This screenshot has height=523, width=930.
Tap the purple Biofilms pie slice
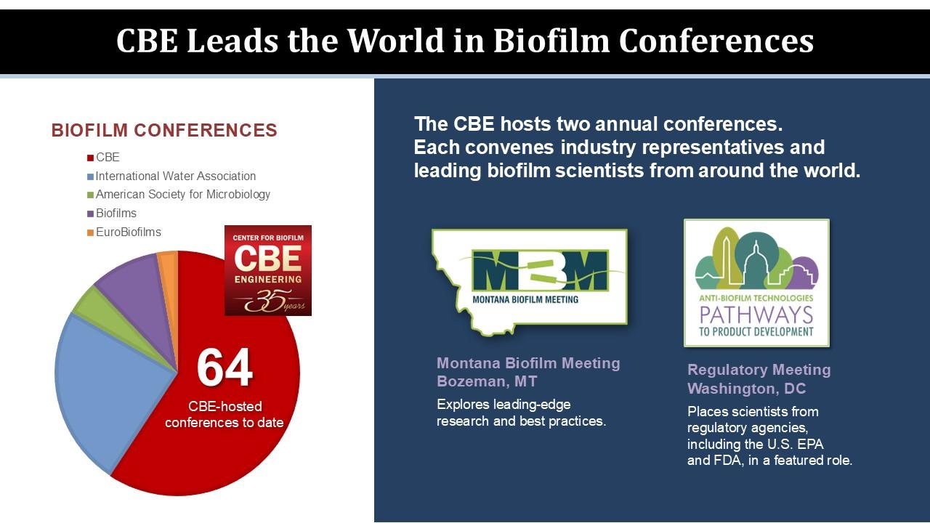pyautogui.click(x=137, y=299)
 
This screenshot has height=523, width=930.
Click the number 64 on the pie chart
pyautogui.click(x=225, y=368)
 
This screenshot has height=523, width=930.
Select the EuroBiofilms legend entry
pyautogui.click(x=124, y=232)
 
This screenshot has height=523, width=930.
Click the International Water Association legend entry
pyautogui.click(x=171, y=176)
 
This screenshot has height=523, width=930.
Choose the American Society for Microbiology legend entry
pyautogui.click(x=179, y=194)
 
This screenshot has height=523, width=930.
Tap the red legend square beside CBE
pyautogui.click(x=90, y=158)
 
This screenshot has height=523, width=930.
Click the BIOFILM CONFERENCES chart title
pyautogui.click(x=164, y=130)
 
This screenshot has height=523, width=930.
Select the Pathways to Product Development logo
pyautogui.click(x=756, y=283)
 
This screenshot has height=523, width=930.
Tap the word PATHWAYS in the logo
pyautogui.click(x=756, y=315)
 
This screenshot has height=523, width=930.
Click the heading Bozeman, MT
pyautogui.click(x=487, y=381)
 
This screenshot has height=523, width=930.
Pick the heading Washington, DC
pyautogui.click(x=746, y=389)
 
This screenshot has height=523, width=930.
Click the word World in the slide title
pyautogui.click(x=396, y=41)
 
